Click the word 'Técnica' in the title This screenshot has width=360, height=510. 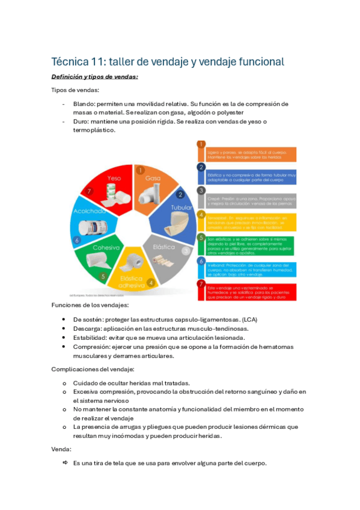click(x=72, y=62)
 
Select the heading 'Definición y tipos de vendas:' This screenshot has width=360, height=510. click(x=94, y=76)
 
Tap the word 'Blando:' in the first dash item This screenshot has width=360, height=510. click(x=86, y=103)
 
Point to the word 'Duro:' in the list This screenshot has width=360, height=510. click(x=82, y=121)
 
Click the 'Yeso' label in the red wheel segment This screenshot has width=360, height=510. click(x=114, y=178)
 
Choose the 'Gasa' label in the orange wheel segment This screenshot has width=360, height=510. click(x=152, y=179)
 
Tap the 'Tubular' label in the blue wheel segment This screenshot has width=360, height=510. click(x=181, y=207)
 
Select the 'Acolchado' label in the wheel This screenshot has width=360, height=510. click(x=89, y=211)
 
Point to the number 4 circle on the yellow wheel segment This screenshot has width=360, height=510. click(x=151, y=283)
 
